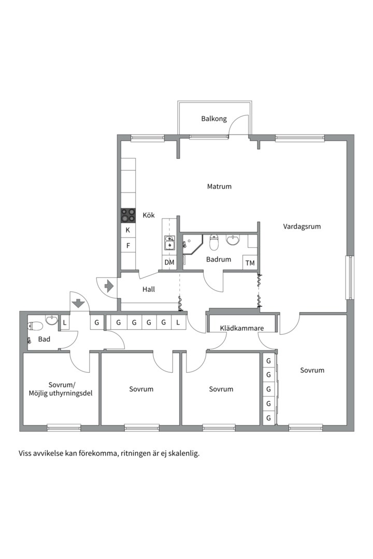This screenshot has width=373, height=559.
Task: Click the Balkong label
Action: [x=214, y=119]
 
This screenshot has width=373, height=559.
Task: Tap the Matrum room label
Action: [x=219, y=186]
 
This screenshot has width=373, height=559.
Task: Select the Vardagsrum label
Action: [x=302, y=226]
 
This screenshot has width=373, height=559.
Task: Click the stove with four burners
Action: [x=128, y=215]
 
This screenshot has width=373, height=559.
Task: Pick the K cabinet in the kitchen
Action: [x=128, y=230]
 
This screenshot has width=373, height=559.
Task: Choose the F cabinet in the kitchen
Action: [x=128, y=246]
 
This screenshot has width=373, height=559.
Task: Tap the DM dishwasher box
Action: [x=169, y=262]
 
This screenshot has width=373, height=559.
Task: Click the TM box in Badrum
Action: [x=250, y=263]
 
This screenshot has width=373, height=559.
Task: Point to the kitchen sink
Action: [x=169, y=242]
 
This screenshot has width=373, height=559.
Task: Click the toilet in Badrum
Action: [x=214, y=242]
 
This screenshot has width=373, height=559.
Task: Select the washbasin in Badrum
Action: [x=233, y=240]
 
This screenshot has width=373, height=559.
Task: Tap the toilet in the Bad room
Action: [x=35, y=326]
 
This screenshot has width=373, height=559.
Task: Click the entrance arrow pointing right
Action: [x=108, y=286]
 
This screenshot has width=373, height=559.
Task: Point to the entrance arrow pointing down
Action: [x=78, y=303]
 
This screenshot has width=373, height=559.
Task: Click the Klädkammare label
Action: [x=242, y=328]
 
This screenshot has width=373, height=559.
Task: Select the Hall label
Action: [x=149, y=289]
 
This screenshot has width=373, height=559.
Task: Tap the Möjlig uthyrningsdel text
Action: [x=61, y=393]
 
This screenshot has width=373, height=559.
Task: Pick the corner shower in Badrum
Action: [x=193, y=244]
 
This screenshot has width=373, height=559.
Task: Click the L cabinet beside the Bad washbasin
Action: [x=65, y=322]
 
